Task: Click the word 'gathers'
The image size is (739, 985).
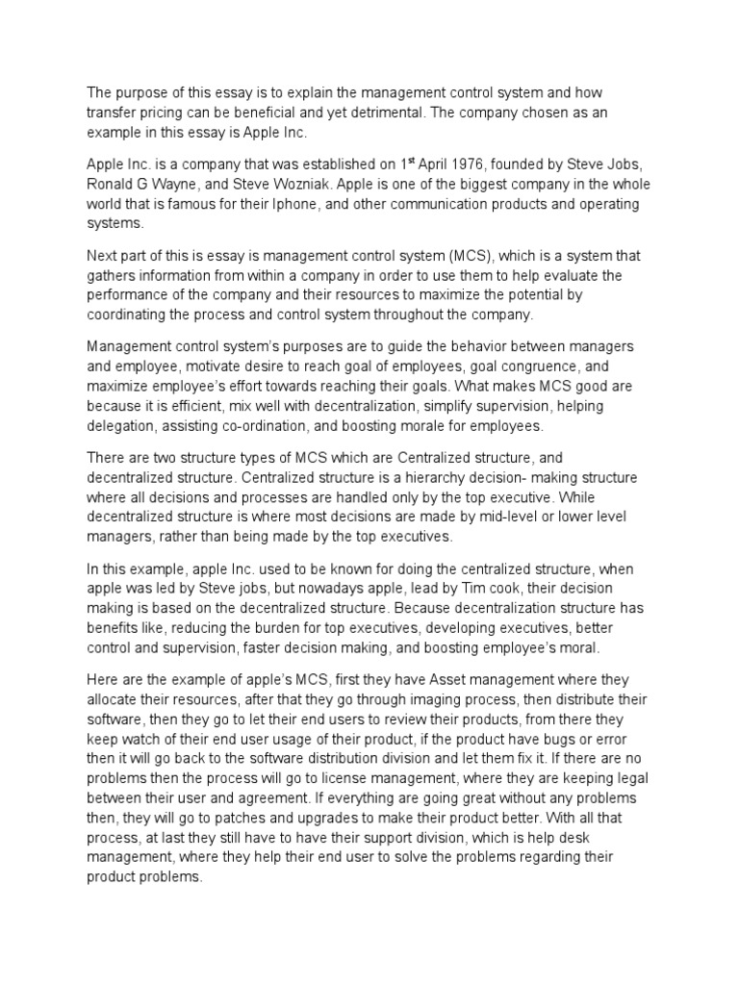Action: [x=115, y=276]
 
